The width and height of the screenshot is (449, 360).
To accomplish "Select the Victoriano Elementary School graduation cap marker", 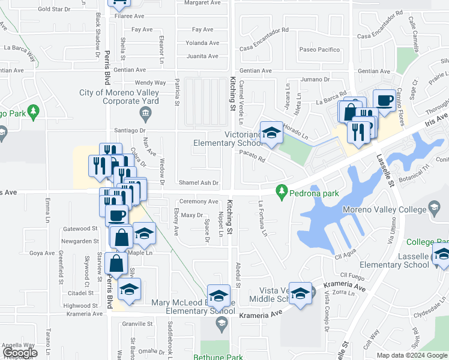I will (271, 133).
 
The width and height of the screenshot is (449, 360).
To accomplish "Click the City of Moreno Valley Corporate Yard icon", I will (144, 113).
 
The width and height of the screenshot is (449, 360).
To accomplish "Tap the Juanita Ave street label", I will (202, 56).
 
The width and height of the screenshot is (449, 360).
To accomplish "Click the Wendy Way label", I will (150, 83).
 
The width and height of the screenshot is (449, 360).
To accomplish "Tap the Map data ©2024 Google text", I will (412, 355).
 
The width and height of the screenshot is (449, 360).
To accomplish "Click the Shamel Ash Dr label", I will (198, 182).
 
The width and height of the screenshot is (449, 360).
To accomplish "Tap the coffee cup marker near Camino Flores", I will (384, 100).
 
